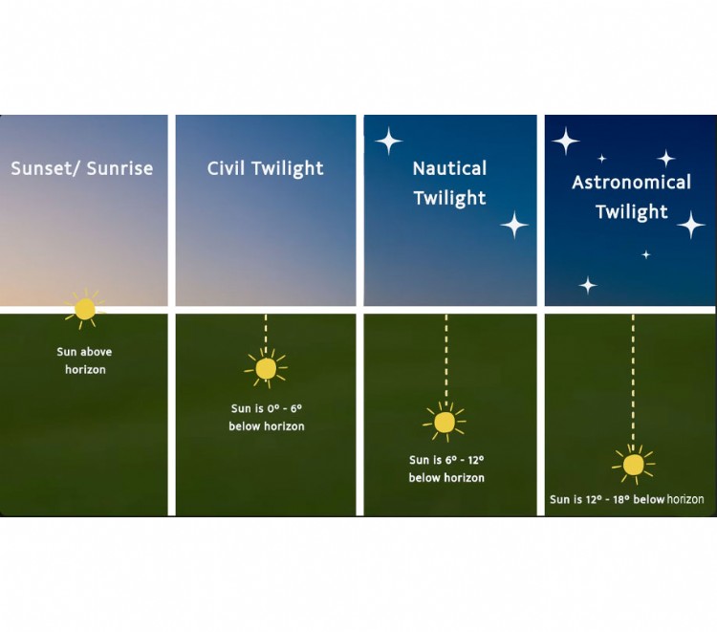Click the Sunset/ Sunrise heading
[x=82, y=169]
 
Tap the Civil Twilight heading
[x=266, y=169]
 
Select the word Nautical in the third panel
[x=449, y=169]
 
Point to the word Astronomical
[x=631, y=183]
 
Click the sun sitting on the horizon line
[x=85, y=309]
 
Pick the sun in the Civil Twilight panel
[x=266, y=368]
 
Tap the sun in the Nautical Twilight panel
[x=445, y=422]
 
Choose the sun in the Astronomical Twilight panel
[x=633, y=465]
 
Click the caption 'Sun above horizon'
[x=84, y=360]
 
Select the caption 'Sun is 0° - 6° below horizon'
[x=266, y=417]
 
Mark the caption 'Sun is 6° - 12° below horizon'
[x=446, y=469]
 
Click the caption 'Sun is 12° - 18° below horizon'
[x=627, y=499]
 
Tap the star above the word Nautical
[x=388, y=142]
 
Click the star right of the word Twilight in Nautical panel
[x=514, y=226]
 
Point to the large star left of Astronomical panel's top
[x=565, y=142]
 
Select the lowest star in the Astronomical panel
[x=588, y=285]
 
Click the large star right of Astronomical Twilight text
[x=691, y=226]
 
